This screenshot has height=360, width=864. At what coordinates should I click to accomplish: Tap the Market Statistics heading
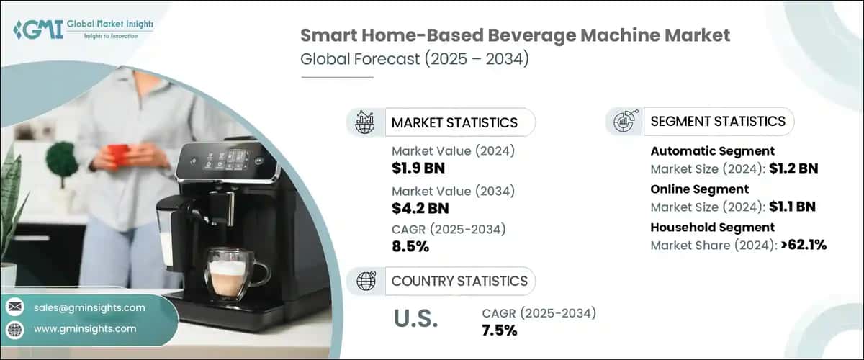point(454,122)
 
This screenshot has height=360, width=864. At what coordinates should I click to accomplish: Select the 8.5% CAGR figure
point(410,247)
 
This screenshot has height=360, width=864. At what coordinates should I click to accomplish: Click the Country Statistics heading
point(459,281)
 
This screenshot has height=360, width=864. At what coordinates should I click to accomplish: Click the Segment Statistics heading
point(717,121)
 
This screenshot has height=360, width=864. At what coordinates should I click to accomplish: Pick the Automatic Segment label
point(712,151)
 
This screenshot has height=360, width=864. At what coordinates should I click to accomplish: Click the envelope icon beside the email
point(14,307)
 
